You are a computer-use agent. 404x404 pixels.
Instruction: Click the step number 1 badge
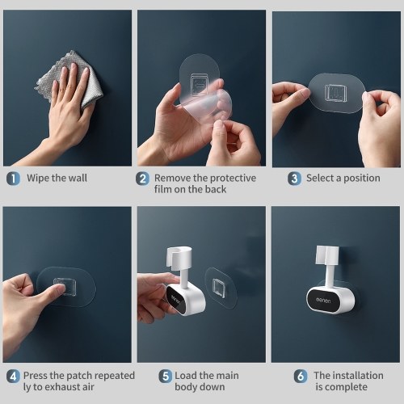click(x=13, y=179)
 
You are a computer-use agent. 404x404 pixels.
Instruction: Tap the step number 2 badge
click(x=142, y=179)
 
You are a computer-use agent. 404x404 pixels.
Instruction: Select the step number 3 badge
click(x=294, y=179)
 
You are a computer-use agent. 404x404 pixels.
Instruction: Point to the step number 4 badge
click(x=13, y=377)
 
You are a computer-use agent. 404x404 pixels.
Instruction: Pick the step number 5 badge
click(x=166, y=377)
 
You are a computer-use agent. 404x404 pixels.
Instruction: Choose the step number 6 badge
click(x=301, y=377)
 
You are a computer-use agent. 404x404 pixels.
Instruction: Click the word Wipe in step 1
click(x=38, y=178)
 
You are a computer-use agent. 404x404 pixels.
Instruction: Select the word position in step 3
click(x=362, y=179)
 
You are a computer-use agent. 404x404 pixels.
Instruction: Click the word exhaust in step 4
click(x=62, y=387)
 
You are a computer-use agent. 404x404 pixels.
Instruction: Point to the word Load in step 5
click(x=186, y=376)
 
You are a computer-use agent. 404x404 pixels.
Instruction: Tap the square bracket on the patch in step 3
click(x=335, y=93)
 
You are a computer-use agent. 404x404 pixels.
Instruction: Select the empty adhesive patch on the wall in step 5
click(x=221, y=288)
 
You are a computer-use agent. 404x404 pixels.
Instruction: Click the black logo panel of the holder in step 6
click(x=323, y=301)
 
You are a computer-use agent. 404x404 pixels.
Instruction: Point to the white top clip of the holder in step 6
click(x=327, y=255)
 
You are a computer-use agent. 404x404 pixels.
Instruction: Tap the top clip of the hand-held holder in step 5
click(x=179, y=258)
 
